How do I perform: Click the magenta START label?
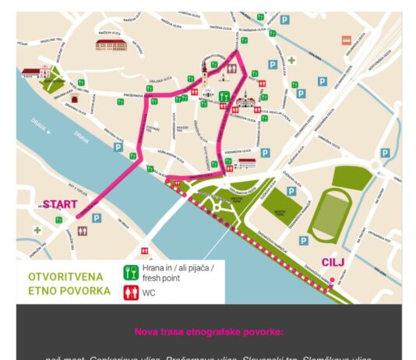[60, 204]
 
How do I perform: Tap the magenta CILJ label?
[333, 263]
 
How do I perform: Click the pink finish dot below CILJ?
[332, 279]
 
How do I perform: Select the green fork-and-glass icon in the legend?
[132, 272]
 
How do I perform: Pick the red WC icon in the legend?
[132, 294]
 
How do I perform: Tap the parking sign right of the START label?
[96, 219]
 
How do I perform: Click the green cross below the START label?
[37, 231]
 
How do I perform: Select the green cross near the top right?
[291, 60]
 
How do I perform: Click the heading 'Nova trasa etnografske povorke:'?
[209, 332]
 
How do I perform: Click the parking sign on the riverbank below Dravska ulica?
[118, 146]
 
